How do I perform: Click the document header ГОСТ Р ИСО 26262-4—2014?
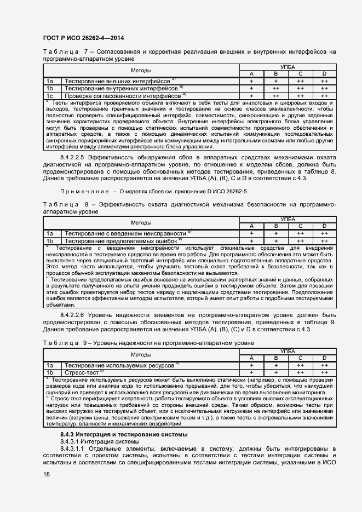point(83,38)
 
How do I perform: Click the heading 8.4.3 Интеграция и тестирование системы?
point(124,434)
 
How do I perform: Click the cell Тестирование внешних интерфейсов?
point(117,81)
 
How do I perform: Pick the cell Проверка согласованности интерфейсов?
point(123,95)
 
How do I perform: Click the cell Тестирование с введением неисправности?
point(125,233)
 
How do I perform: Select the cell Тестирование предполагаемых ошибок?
point(121,240)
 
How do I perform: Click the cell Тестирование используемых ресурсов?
point(119,365)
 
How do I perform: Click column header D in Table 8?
point(324,226)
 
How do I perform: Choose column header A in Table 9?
point(251,358)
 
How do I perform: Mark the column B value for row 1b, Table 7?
point(275,88)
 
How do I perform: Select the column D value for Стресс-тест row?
point(324,372)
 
